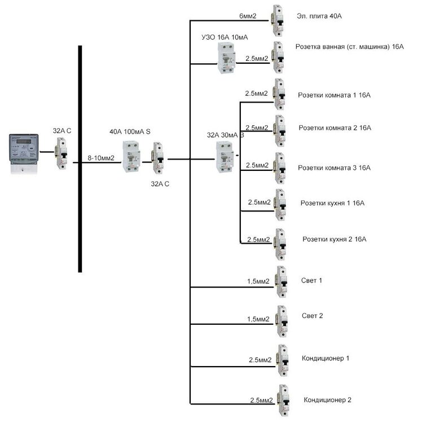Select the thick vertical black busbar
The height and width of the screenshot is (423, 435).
click(x=80, y=158)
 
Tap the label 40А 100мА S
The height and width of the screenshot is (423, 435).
click(x=130, y=131)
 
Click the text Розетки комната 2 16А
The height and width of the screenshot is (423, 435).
click(x=334, y=128)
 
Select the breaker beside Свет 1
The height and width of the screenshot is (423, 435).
click(x=280, y=281)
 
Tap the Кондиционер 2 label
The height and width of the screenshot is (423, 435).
click(x=327, y=400)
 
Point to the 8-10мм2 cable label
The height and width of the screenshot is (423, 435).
click(x=101, y=158)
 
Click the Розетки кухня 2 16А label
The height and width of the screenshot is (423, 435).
click(x=335, y=239)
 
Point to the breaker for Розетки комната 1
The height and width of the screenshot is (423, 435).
click(x=279, y=94)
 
